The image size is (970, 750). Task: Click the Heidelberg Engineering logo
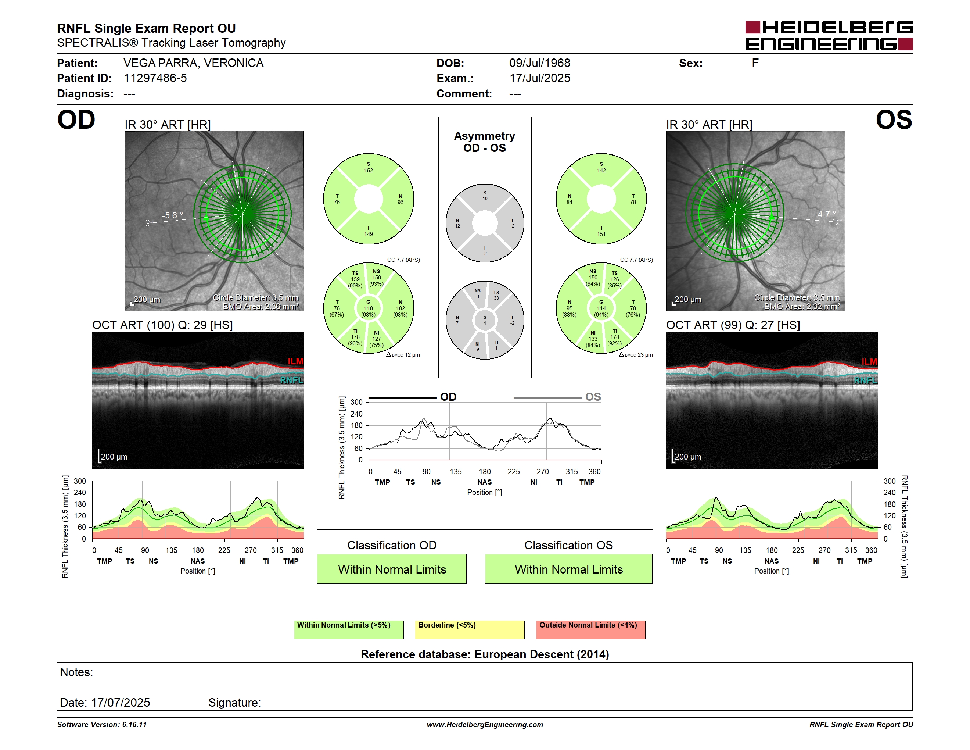pyautogui.click(x=829, y=36)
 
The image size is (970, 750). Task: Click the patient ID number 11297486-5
pyautogui.click(x=155, y=78)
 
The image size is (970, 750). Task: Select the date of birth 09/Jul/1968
pyautogui.click(x=540, y=63)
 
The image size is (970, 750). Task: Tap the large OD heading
pyautogui.click(x=76, y=120)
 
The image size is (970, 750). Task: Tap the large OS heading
pyautogui.click(x=894, y=120)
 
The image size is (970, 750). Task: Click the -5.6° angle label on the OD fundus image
pyautogui.click(x=172, y=215)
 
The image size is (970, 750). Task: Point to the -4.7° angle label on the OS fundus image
pyautogui.click(x=825, y=214)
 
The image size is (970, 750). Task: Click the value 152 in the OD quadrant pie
pyautogui.click(x=369, y=171)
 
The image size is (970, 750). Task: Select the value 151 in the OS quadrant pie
pyautogui.click(x=601, y=234)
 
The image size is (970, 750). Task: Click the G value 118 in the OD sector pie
pyautogui.click(x=369, y=308)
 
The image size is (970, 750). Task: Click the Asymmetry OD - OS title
pyautogui.click(x=485, y=142)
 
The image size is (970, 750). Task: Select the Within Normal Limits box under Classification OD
pyautogui.click(x=392, y=569)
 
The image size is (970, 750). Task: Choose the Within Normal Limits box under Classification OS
pyautogui.click(x=568, y=569)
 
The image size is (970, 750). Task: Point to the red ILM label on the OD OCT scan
pyautogui.click(x=295, y=361)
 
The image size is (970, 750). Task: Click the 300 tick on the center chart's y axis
pyautogui.click(x=357, y=402)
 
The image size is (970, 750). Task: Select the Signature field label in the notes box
pyautogui.click(x=234, y=703)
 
